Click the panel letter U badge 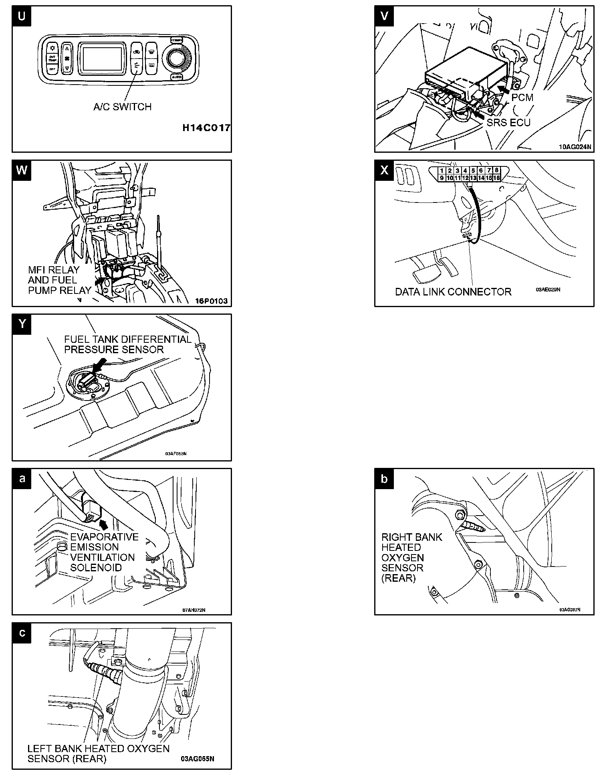tap(22, 16)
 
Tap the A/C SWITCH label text tap(122, 107)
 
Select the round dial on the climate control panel tap(175, 58)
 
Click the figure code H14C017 tap(206, 128)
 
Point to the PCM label tap(522, 97)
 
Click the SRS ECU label tap(508, 122)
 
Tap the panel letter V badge tap(384, 16)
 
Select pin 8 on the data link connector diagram tap(496, 171)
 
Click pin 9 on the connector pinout tap(442, 178)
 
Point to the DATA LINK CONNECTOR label tap(453, 292)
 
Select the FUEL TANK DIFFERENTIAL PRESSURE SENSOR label tap(127, 344)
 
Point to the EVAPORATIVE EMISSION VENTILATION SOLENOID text tap(104, 552)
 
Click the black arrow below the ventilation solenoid tap(103, 524)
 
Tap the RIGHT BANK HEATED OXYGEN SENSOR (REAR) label tap(411, 557)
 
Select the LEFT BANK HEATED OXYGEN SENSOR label tap(98, 753)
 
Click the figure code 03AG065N tap(198, 759)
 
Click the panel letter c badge tap(22, 633)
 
